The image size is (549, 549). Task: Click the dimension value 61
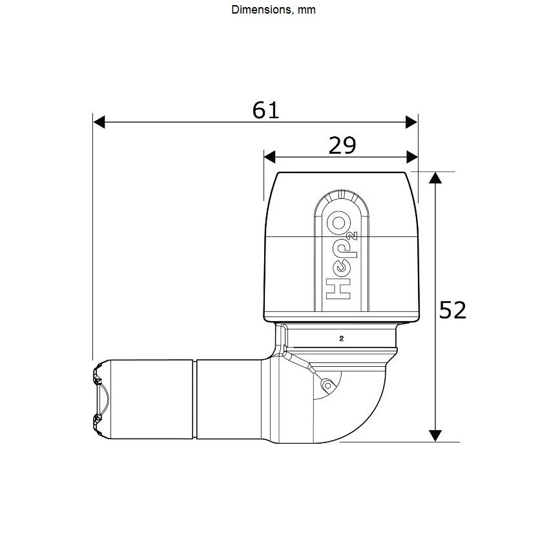(x=265, y=110)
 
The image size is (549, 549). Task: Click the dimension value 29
(x=342, y=145)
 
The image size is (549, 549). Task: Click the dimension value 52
(x=453, y=310)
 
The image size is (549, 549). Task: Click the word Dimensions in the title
(x=262, y=10)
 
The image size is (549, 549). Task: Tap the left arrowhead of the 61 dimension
(x=99, y=122)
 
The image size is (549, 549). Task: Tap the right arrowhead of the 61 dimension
(x=411, y=122)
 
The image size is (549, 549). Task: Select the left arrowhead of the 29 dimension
(x=269, y=157)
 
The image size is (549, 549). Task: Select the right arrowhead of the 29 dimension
(x=412, y=157)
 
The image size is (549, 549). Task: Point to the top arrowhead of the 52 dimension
(x=435, y=178)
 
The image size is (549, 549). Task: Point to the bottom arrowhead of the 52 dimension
(x=435, y=435)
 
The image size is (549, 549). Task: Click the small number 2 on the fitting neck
(x=342, y=338)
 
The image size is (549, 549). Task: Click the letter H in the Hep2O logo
(x=338, y=289)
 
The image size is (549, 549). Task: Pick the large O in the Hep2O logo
(x=338, y=223)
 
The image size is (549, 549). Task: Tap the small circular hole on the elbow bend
(x=328, y=386)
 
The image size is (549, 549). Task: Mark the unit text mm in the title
(x=306, y=10)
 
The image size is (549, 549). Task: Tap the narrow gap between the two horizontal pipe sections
(x=194, y=399)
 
